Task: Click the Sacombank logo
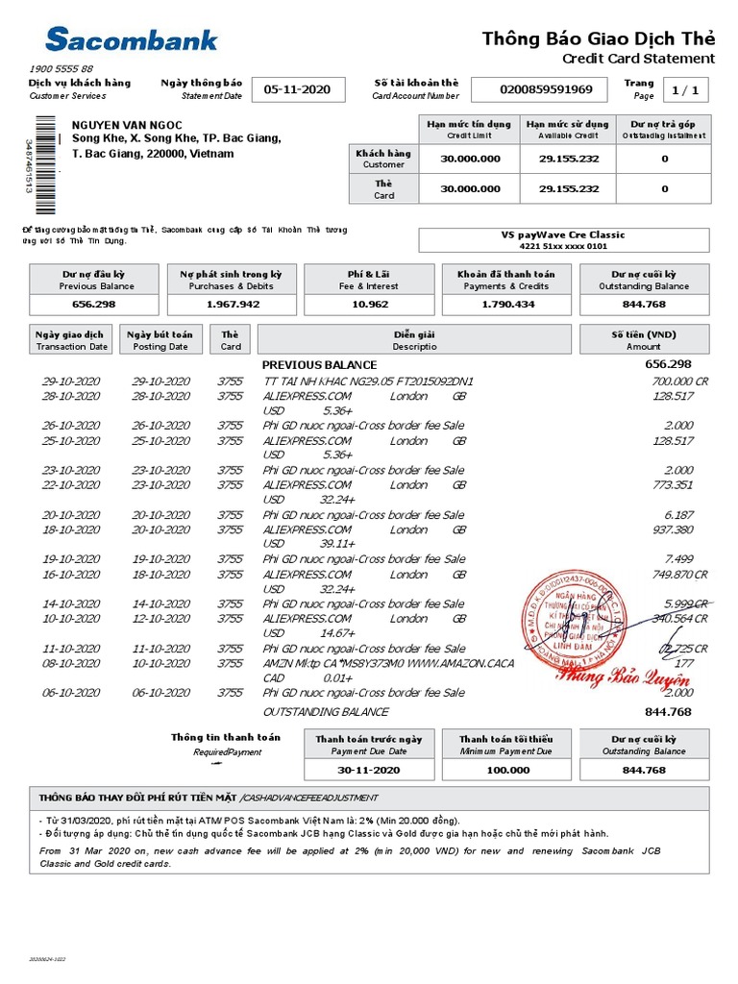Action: point(132,39)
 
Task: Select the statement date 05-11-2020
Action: point(297,89)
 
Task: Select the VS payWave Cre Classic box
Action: point(564,240)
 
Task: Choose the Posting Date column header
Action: point(160,340)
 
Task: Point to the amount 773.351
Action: point(671,485)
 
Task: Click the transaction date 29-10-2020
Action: point(70,381)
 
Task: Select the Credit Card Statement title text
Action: point(638,59)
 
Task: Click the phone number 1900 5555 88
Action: point(61,69)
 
